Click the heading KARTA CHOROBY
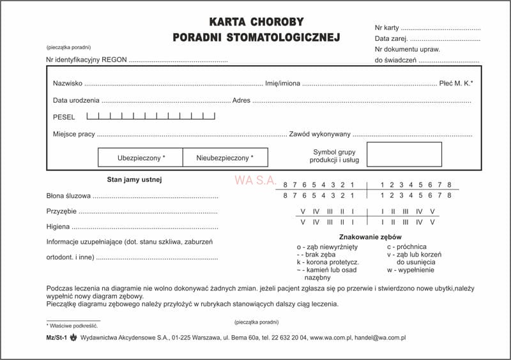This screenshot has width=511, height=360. click(256, 22)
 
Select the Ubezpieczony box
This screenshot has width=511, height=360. click(141, 157)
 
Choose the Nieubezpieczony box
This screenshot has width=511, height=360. click(225, 157)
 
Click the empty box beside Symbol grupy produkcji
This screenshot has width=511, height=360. click(404, 154)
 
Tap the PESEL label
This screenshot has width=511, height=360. click(64, 117)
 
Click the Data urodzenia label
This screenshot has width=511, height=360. click(76, 101)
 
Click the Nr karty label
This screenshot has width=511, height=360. click(387, 28)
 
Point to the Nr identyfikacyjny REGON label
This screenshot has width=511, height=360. click(87, 60)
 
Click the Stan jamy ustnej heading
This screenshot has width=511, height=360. click(134, 179)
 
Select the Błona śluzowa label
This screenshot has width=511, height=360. click(68, 196)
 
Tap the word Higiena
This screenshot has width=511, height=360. click(58, 227)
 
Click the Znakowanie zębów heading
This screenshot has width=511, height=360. click(365, 236)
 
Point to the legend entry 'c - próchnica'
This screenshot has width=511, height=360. click(406, 246)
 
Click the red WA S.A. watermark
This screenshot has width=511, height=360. click(256, 181)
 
